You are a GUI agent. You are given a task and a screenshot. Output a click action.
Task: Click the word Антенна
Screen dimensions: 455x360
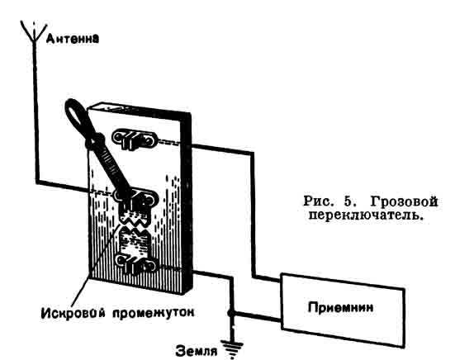point(73,39)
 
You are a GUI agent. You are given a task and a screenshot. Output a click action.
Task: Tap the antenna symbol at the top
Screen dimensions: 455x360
point(34,31)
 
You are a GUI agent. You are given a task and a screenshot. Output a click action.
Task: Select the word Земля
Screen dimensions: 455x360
point(197,351)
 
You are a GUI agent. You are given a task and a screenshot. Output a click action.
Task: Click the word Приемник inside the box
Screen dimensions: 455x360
point(341,307)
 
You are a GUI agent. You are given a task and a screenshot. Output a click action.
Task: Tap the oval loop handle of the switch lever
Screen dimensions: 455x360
point(77,116)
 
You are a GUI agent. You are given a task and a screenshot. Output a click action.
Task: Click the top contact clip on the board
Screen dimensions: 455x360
point(134,140)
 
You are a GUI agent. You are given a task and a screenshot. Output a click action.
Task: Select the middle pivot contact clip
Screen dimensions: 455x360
point(136,200)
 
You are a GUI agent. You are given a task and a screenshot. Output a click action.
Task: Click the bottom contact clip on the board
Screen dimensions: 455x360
point(136,264)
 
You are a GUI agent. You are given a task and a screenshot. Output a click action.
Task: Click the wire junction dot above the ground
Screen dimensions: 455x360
point(230,313)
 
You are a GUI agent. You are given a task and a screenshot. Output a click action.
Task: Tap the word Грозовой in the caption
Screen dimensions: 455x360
point(404,201)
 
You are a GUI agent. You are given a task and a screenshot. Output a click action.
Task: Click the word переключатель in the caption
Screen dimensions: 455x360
point(365,215)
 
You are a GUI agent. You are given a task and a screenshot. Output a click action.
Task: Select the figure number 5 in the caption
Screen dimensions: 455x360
point(348,201)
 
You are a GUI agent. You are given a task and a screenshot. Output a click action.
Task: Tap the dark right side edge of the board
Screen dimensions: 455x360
point(187,203)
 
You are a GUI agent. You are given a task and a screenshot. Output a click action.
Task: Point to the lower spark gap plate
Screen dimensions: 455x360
point(134,241)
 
